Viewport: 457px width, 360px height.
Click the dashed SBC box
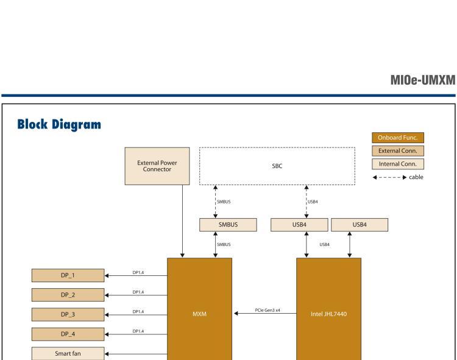click(277, 165)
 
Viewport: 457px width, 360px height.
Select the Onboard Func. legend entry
click(397, 137)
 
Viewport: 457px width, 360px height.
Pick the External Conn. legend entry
click(397, 150)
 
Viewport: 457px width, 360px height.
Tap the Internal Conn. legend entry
click(397, 164)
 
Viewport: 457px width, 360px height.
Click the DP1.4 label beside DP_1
click(138, 272)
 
